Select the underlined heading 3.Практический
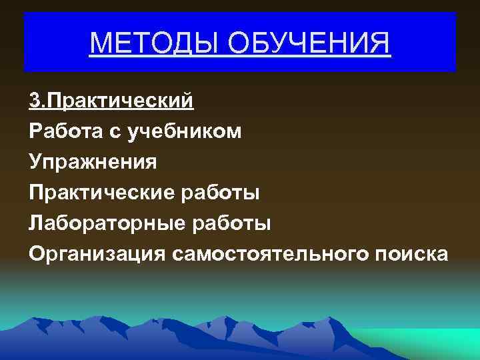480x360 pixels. (x=111, y=101)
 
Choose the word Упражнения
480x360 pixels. (x=93, y=162)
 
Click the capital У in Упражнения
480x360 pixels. (x=35, y=162)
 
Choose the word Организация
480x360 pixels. (x=97, y=254)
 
